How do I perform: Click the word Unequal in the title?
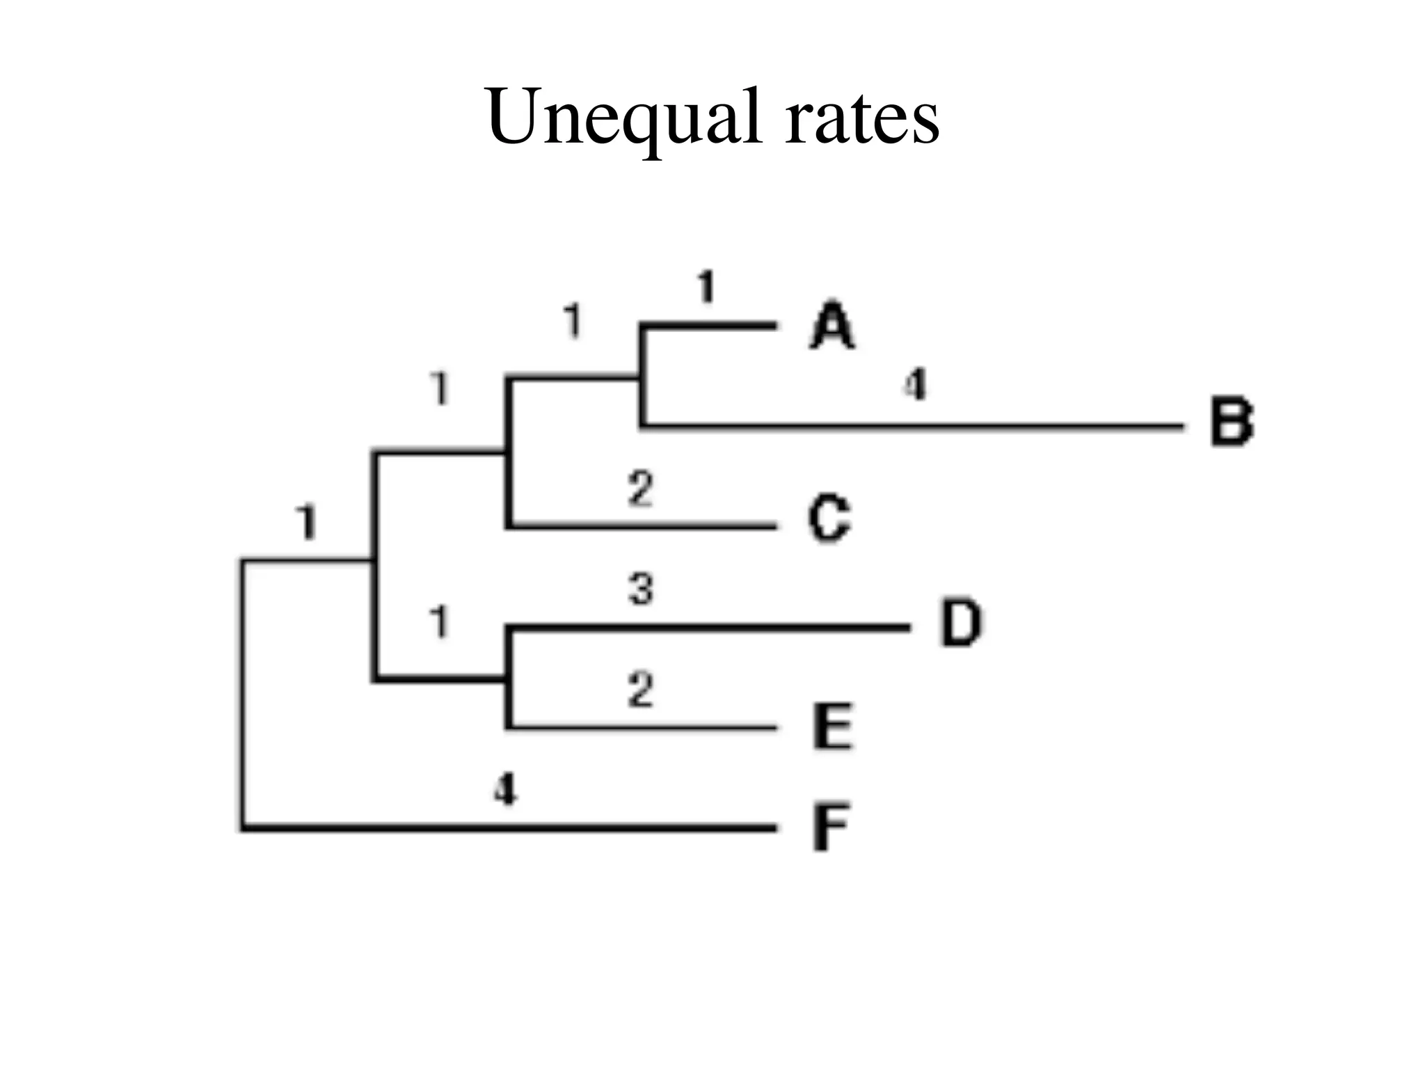click(623, 118)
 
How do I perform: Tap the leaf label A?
click(832, 325)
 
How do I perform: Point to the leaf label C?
click(829, 518)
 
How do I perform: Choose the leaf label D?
click(962, 623)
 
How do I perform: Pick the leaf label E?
click(833, 727)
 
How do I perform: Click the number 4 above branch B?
click(916, 384)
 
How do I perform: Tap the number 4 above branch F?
click(506, 790)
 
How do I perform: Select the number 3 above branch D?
click(641, 589)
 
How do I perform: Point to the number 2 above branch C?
click(641, 489)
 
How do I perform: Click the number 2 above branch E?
click(641, 690)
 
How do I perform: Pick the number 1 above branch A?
click(706, 287)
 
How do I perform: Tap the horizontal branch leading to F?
click(508, 828)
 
